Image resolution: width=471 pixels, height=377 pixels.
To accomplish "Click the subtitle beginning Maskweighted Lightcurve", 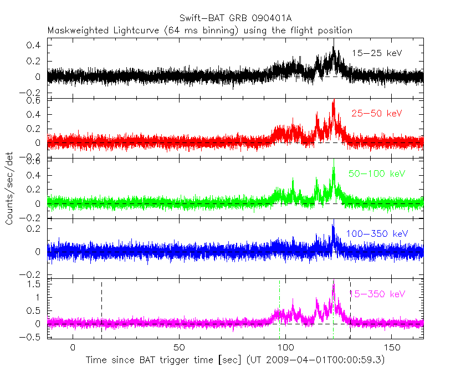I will [x=199, y=30].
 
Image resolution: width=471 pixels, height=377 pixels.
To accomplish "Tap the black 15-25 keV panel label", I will [x=377, y=53].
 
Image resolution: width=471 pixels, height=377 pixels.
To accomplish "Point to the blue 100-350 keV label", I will [x=377, y=234].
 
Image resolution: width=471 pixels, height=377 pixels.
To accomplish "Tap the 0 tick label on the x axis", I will [x=73, y=347].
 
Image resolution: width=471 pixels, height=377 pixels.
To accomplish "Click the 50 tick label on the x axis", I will [x=179, y=347].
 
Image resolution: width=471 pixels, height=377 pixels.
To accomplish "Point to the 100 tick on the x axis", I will [x=285, y=347].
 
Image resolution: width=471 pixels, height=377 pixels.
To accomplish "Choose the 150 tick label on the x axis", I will [x=392, y=347].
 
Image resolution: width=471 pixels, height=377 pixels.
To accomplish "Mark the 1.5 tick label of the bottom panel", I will [x=36, y=284].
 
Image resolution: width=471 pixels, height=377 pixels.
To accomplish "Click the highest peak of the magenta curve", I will [x=334, y=281].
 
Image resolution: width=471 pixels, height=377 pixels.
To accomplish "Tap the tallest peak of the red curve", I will [x=334, y=101].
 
